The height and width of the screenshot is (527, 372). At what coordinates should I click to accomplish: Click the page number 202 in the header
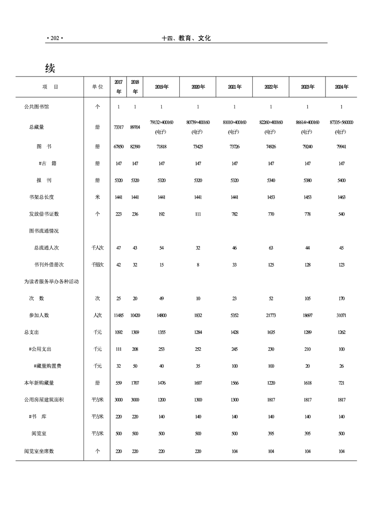click(x=54, y=39)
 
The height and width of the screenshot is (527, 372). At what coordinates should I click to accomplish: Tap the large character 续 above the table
click(x=50, y=68)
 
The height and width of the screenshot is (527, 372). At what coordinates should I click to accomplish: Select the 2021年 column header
click(x=235, y=87)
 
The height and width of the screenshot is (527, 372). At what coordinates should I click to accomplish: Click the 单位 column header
click(x=98, y=87)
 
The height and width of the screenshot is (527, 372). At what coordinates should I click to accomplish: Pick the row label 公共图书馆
click(x=37, y=107)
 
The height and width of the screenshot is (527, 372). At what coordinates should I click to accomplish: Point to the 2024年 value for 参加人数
click(x=342, y=316)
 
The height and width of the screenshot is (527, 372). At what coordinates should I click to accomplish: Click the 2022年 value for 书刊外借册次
click(x=271, y=265)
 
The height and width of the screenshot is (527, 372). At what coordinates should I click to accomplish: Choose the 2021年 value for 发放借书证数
click(x=235, y=214)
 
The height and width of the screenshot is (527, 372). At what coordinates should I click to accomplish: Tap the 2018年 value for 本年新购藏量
click(x=135, y=383)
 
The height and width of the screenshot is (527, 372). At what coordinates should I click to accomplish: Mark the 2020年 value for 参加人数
click(x=198, y=316)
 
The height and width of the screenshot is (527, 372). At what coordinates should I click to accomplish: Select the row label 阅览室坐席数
click(x=39, y=451)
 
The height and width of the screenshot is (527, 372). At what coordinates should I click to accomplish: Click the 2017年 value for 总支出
click(x=119, y=333)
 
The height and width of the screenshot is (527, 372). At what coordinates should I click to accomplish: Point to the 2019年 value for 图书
click(x=161, y=147)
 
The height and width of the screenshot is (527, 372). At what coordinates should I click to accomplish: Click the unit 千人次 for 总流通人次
click(x=98, y=248)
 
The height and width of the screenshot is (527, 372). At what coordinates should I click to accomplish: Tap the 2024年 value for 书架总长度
click(x=342, y=197)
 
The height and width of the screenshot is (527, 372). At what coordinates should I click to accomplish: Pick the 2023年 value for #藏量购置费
click(x=307, y=366)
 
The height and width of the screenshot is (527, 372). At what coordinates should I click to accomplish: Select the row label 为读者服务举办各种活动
click(x=51, y=282)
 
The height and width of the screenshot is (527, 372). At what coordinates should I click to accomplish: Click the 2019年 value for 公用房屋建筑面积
click(x=161, y=400)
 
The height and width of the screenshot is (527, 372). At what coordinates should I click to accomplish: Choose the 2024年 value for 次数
click(x=342, y=299)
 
